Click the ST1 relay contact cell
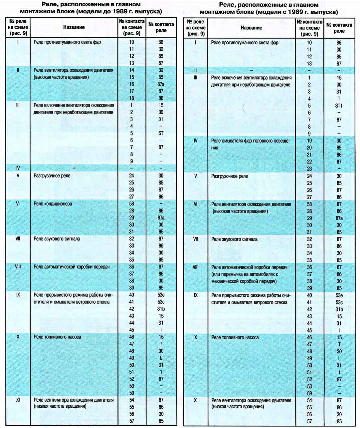[x=339, y=106]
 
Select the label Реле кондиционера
[x=53, y=204]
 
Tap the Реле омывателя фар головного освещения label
[x=251, y=144]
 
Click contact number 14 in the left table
[x=131, y=70]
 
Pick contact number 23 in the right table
[x=309, y=169]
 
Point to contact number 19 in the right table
[x=309, y=141]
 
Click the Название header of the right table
[x=251, y=28]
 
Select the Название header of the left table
[x=74, y=27]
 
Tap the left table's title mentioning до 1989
[x=91, y=8]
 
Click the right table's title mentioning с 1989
[x=269, y=9]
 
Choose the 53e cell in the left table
[x=161, y=295]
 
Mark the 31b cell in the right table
[x=339, y=309]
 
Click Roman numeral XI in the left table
[x=18, y=400]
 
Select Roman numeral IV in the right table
[x=196, y=141]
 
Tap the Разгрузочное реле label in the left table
[x=52, y=176]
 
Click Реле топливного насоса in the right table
[x=235, y=337]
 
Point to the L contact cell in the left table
[x=161, y=358]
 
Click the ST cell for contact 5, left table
[x=161, y=133]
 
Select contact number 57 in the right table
[x=309, y=421]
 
